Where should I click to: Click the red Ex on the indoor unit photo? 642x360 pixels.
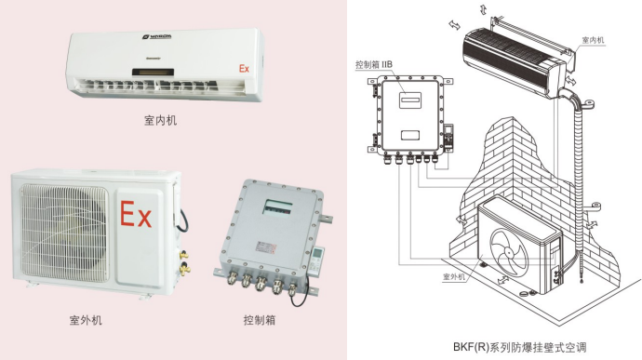tap(244, 69)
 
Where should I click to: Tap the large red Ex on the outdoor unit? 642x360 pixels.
tap(136, 214)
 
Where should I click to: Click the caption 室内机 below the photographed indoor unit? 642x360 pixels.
tap(160, 120)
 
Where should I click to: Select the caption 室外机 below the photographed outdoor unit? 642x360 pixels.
tap(86, 320)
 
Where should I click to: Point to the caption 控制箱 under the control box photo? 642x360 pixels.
tap(260, 320)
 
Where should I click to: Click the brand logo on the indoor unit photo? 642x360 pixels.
tap(157, 37)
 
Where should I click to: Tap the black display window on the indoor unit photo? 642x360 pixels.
tap(153, 73)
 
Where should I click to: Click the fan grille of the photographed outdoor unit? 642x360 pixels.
tap(65, 233)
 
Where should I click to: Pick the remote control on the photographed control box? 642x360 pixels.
tap(316, 260)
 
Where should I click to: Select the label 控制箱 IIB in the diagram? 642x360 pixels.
tap(374, 64)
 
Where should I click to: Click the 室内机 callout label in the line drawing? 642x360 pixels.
tap(593, 40)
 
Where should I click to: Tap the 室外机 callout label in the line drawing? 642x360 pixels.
tap(454, 276)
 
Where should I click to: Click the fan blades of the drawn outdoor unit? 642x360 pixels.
tap(509, 249)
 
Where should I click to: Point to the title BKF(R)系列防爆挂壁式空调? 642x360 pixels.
tap(519, 347)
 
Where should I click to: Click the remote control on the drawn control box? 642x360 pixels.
tap(449, 136)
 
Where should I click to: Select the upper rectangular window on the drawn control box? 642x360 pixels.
tap(410, 100)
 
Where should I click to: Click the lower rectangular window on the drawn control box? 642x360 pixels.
tap(409, 135)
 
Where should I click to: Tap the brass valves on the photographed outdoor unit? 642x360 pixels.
tap(184, 261)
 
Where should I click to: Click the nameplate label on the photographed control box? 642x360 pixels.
tap(266, 247)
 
